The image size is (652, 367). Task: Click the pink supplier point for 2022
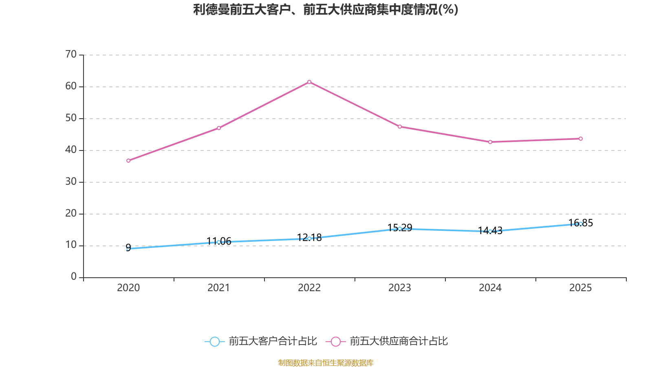(x=309, y=82)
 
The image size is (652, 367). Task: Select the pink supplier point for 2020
(x=128, y=161)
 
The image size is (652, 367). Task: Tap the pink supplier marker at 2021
(x=219, y=128)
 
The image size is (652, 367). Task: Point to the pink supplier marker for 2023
(x=400, y=127)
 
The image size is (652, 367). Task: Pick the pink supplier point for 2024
(x=490, y=142)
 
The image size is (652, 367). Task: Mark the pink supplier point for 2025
(x=581, y=139)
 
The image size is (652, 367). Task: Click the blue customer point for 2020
(x=128, y=248)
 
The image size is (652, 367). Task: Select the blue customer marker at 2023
(x=400, y=229)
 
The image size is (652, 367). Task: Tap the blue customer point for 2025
(x=581, y=224)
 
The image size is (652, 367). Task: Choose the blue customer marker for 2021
(x=219, y=242)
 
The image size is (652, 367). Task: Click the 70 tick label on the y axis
(x=71, y=54)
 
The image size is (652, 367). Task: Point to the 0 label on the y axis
(x=74, y=277)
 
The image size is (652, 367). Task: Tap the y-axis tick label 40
(x=71, y=150)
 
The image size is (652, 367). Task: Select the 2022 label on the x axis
(x=309, y=288)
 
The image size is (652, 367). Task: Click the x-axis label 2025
(x=581, y=288)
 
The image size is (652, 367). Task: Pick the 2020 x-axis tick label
(x=128, y=288)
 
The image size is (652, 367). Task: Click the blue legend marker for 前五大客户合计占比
(x=214, y=341)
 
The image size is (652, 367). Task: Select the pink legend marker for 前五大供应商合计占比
(x=335, y=341)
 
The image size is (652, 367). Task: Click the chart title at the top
(x=326, y=9)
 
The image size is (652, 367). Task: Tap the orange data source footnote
(x=326, y=363)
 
